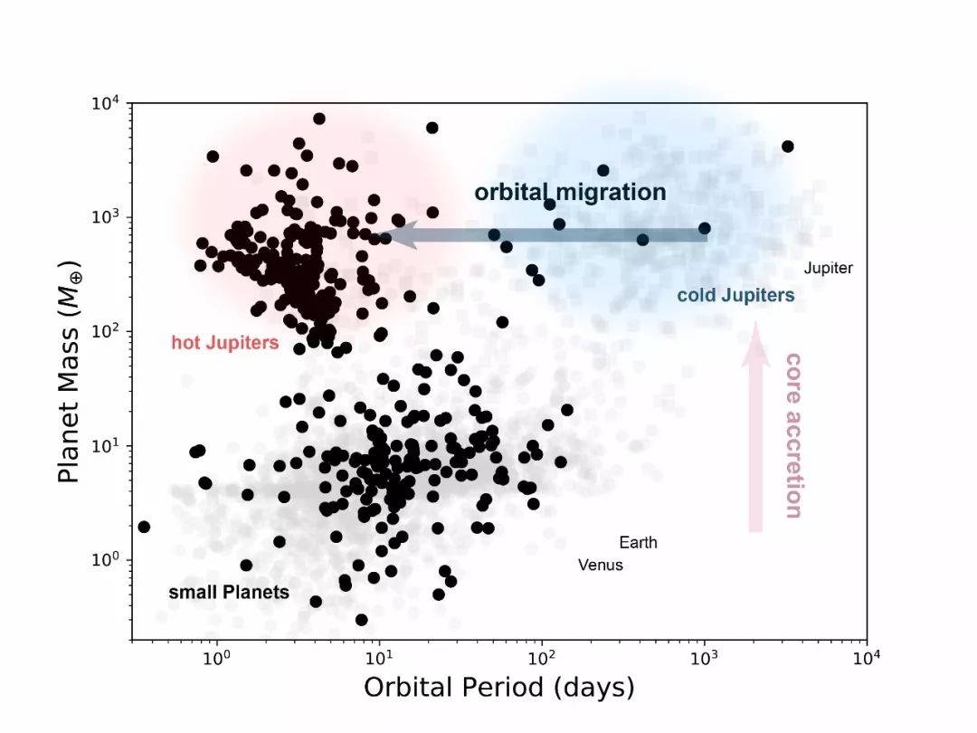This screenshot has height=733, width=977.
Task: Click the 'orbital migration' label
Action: tap(570, 192)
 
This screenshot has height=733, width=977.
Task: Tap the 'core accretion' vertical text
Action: tap(792, 435)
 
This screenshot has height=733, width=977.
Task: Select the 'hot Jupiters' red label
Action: tap(224, 343)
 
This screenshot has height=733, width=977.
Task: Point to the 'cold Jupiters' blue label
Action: tap(735, 295)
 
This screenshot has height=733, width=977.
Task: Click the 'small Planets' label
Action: tap(229, 593)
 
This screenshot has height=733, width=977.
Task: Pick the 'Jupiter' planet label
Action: tap(828, 268)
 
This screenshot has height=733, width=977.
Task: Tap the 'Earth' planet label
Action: tap(638, 543)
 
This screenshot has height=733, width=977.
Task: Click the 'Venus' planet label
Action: tap(601, 566)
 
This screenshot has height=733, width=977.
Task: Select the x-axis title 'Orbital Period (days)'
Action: tap(498, 688)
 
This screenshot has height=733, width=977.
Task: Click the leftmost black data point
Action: tap(143, 527)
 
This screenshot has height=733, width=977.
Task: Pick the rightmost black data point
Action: tap(787, 147)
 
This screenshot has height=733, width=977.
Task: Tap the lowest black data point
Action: tap(361, 620)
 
